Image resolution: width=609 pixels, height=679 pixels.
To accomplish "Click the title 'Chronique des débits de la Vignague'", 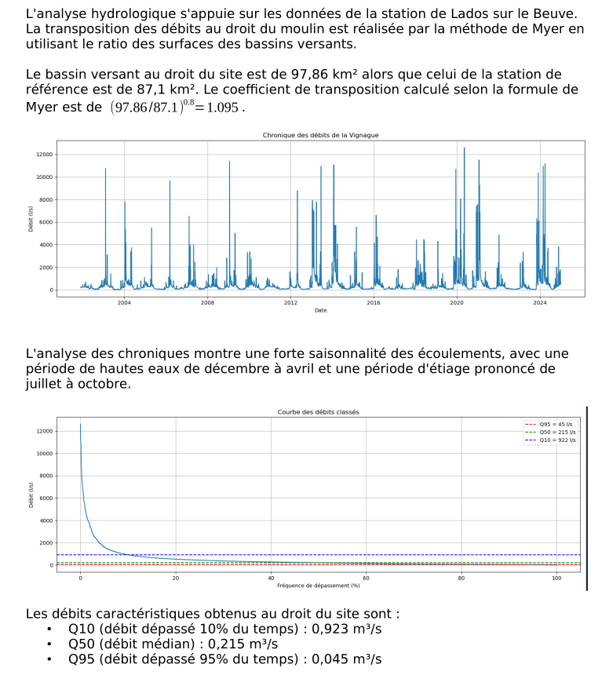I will pos(320,136).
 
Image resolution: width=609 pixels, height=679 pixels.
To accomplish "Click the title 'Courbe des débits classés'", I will pos(319,412).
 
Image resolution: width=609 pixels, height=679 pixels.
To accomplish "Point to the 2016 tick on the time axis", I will pos(374,303).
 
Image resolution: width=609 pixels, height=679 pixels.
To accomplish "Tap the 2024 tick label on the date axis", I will pos(539,303).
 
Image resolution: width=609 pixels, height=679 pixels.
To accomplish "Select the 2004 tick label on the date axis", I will pos(124,303).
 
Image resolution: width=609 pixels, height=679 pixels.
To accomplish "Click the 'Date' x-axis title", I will pos(320,310).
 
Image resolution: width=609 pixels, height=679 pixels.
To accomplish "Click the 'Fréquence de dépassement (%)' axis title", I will pos(318,585).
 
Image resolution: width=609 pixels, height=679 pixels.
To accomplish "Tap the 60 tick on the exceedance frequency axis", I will pos(366,578).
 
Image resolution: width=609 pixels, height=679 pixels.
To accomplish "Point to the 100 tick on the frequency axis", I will pos(556,578).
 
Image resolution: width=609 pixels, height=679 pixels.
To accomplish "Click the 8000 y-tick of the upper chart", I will pos(46,200).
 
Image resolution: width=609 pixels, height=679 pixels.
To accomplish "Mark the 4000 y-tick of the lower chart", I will pos(46,520).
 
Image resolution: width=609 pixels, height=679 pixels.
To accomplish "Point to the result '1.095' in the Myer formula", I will pos(223,108).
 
